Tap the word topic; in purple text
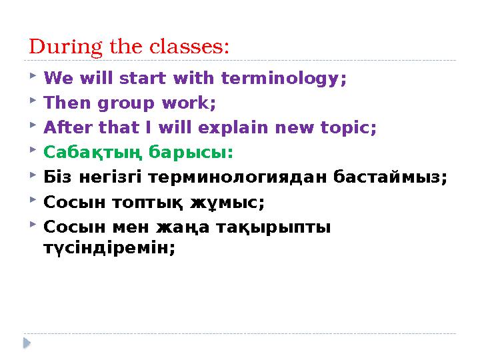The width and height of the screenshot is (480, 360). tap(349, 128)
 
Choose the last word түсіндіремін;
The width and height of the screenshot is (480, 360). tap(109, 247)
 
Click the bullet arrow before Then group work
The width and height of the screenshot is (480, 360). tap(33, 103)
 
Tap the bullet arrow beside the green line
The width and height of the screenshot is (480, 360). tap(33, 151)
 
